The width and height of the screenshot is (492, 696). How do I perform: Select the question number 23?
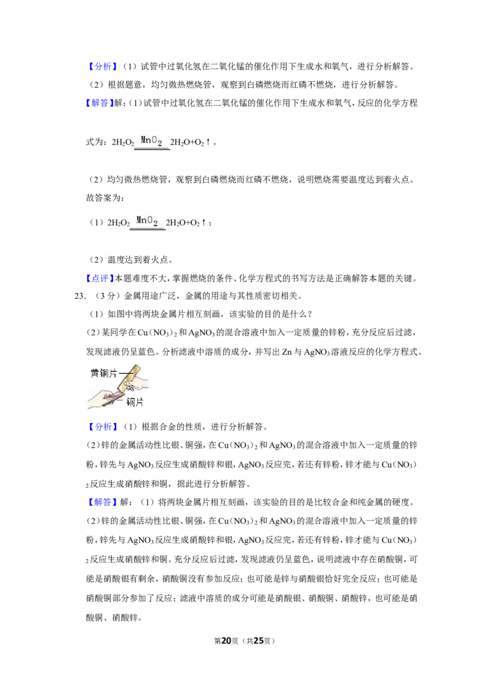[x=79, y=296]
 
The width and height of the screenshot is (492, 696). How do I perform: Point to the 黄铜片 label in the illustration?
[x=104, y=373]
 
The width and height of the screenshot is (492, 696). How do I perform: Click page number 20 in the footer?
[x=226, y=641]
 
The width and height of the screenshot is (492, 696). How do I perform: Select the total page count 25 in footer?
[x=258, y=641]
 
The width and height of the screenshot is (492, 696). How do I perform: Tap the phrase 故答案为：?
[x=105, y=198]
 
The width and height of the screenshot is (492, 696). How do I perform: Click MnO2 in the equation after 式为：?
[x=151, y=141]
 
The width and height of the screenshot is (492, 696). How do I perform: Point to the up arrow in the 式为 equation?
[x=208, y=142]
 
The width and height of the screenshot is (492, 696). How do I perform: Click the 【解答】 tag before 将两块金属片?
[x=100, y=502]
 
